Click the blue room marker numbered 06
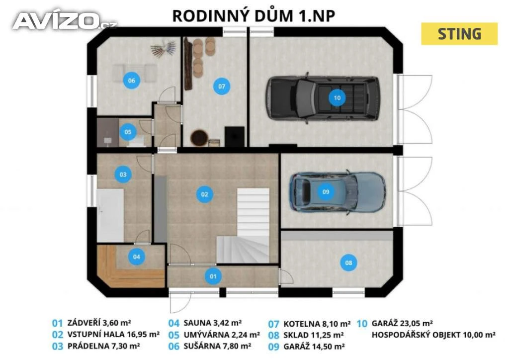(x=131, y=81)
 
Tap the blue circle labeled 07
(x=221, y=87)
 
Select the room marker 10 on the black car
(x=337, y=98)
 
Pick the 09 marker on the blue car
(x=326, y=192)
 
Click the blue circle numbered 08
(x=348, y=263)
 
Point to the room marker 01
(x=213, y=276)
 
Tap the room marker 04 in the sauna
(x=136, y=257)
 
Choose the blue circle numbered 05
(x=128, y=132)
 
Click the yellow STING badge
(x=459, y=34)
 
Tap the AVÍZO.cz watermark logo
(x=64, y=21)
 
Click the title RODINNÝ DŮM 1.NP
(x=254, y=15)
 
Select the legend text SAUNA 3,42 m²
(x=212, y=323)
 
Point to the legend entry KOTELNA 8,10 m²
(x=317, y=324)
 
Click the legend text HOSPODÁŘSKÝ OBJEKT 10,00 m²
(x=433, y=335)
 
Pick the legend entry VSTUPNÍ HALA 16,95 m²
(x=113, y=334)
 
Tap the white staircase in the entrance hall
(x=247, y=225)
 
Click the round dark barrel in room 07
(x=199, y=138)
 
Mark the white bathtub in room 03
(x=110, y=215)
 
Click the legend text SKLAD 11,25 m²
(x=314, y=335)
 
